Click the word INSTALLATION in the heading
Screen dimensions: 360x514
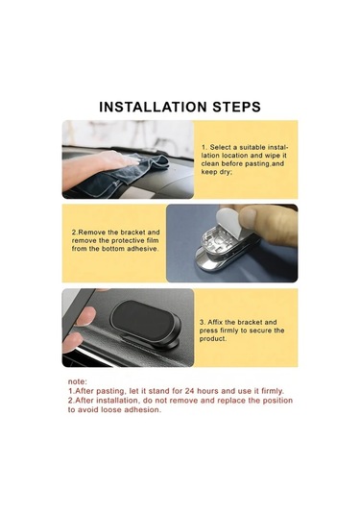point(153,108)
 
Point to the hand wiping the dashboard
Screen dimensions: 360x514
point(98,167)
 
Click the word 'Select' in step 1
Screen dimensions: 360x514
point(221,147)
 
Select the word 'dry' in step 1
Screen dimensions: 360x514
point(224,172)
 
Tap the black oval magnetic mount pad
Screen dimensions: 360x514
point(144,320)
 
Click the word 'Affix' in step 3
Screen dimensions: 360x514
point(215,322)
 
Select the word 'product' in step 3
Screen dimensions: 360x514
point(213,339)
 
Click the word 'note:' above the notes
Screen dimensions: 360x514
point(78,381)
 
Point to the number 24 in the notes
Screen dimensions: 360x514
point(189,391)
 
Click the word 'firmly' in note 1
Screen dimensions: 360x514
point(273,391)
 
